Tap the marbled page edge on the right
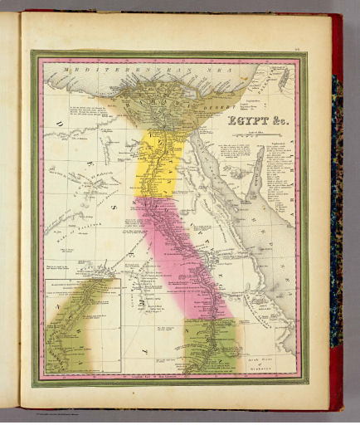[x=336, y=208]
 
